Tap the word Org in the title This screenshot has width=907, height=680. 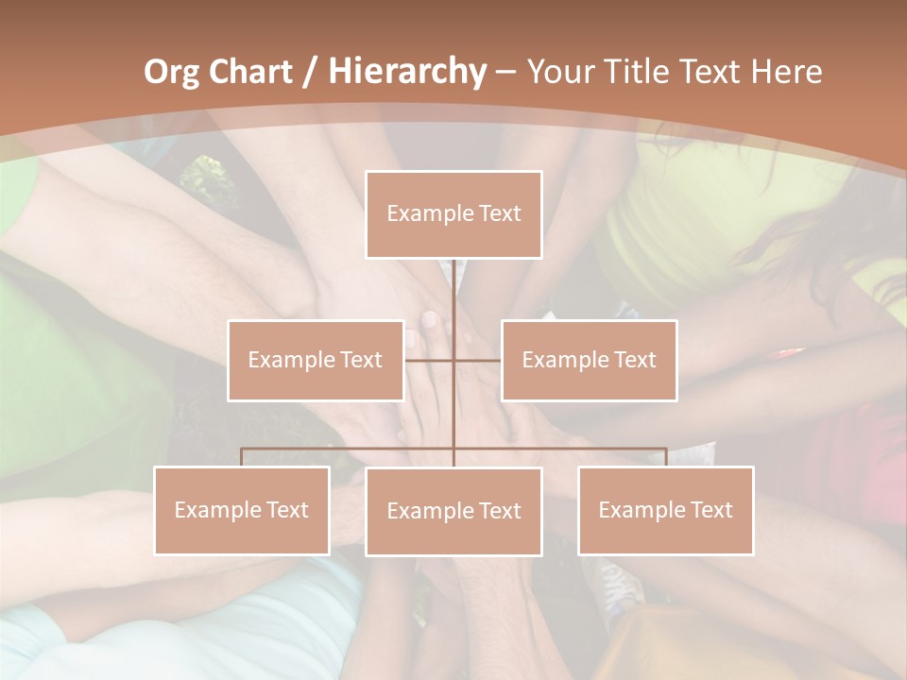172,72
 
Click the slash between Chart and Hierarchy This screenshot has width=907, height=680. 309,72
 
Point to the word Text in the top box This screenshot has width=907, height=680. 500,213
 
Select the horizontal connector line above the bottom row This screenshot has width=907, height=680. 350,449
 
